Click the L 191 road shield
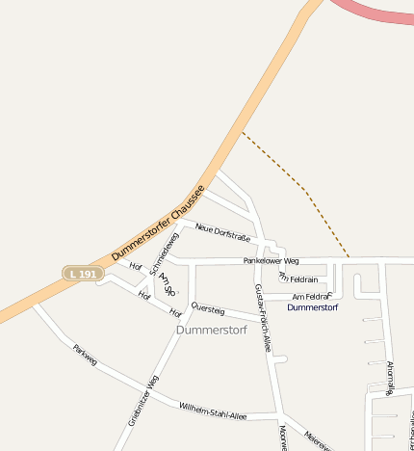[83, 274]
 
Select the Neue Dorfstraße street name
[222, 231]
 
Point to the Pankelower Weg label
[271, 260]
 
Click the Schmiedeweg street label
[165, 253]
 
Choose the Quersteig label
[208, 309]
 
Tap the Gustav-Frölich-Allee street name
[261, 317]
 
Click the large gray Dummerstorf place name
[212, 330]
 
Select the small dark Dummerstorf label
[313, 307]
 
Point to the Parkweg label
[85, 355]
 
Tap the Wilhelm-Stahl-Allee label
[213, 411]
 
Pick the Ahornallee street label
[391, 377]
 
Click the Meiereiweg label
[318, 439]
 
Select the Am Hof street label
[167, 281]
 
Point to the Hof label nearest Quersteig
[175, 312]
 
